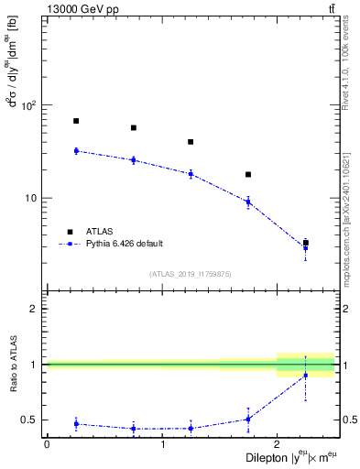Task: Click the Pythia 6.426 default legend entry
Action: [x=124, y=244]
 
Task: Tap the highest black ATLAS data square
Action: [x=76, y=121]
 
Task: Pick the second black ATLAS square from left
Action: [x=134, y=128]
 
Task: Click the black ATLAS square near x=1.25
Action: [x=191, y=142]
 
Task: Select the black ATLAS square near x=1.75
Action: [x=248, y=174]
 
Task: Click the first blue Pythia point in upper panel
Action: [x=76, y=150]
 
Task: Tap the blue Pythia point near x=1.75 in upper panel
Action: [x=248, y=202]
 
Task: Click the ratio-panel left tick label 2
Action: [x=36, y=309]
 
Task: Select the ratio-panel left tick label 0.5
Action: [x=33, y=420]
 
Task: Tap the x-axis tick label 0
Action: [x=47, y=443]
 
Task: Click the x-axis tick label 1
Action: [x=162, y=443]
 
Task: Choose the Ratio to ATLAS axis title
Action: [x=12, y=365]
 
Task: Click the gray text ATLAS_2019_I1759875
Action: [x=191, y=274]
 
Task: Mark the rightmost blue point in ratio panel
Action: [x=305, y=375]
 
